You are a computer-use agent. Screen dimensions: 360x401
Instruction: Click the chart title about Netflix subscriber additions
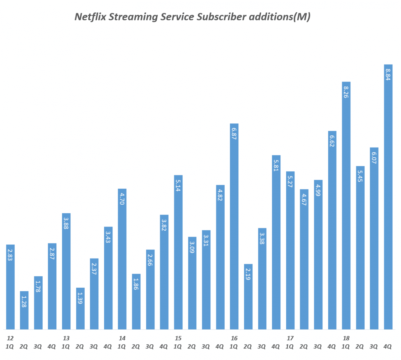pos(192,17)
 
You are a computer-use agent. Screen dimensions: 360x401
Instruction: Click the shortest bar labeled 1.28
pos(24,310)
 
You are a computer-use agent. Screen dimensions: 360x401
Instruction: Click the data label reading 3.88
pos(66,223)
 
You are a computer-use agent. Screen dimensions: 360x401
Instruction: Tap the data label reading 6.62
pos(332,141)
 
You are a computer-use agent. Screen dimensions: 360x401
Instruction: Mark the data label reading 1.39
pos(80,298)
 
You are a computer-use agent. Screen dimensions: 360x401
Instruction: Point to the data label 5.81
pos(276,165)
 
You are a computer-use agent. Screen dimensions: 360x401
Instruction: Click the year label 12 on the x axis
pos(10,338)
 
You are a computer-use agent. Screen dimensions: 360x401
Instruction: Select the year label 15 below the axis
pos(178,338)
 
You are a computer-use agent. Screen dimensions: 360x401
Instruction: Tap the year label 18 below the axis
pos(346,338)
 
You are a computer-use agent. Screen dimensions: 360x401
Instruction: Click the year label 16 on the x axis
pos(234,338)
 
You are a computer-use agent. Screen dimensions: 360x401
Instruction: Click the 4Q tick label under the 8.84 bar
pos(388,347)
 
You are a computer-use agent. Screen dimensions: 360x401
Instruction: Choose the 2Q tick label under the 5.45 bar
pos(360,347)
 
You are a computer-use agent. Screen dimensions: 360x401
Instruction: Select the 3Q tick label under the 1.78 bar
pos(38,347)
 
